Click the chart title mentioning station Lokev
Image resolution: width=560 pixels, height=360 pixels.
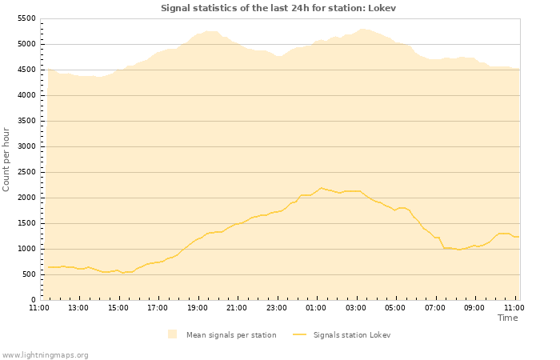click(278, 8)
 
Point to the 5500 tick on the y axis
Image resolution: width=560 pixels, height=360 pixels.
click(26, 18)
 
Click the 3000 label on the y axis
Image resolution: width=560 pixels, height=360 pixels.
click(26, 146)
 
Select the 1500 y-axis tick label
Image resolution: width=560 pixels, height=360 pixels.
click(26, 223)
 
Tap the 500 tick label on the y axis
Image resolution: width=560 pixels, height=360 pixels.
click(29, 274)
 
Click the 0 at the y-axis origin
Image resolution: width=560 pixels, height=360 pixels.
click(34, 300)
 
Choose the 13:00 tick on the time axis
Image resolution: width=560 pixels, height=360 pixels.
click(78, 307)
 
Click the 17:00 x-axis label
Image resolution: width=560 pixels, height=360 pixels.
click(158, 307)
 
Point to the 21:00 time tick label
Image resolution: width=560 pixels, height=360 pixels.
click(237, 307)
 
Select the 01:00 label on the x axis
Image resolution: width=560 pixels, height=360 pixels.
click(316, 307)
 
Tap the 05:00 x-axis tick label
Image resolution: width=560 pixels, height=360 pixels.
click(395, 307)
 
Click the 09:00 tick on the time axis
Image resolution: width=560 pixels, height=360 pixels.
click(474, 307)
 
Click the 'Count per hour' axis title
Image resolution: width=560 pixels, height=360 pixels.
click(7, 159)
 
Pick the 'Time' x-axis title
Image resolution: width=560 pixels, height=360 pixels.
click(507, 318)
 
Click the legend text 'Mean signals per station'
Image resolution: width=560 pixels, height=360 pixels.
click(231, 335)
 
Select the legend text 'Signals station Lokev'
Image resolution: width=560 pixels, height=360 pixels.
click(352, 335)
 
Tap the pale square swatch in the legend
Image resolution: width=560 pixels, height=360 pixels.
click(173, 334)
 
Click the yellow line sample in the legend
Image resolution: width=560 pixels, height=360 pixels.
click(300, 335)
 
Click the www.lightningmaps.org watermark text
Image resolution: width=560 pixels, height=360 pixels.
click(46, 354)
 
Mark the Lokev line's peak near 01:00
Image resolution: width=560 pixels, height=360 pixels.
click(321, 188)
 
